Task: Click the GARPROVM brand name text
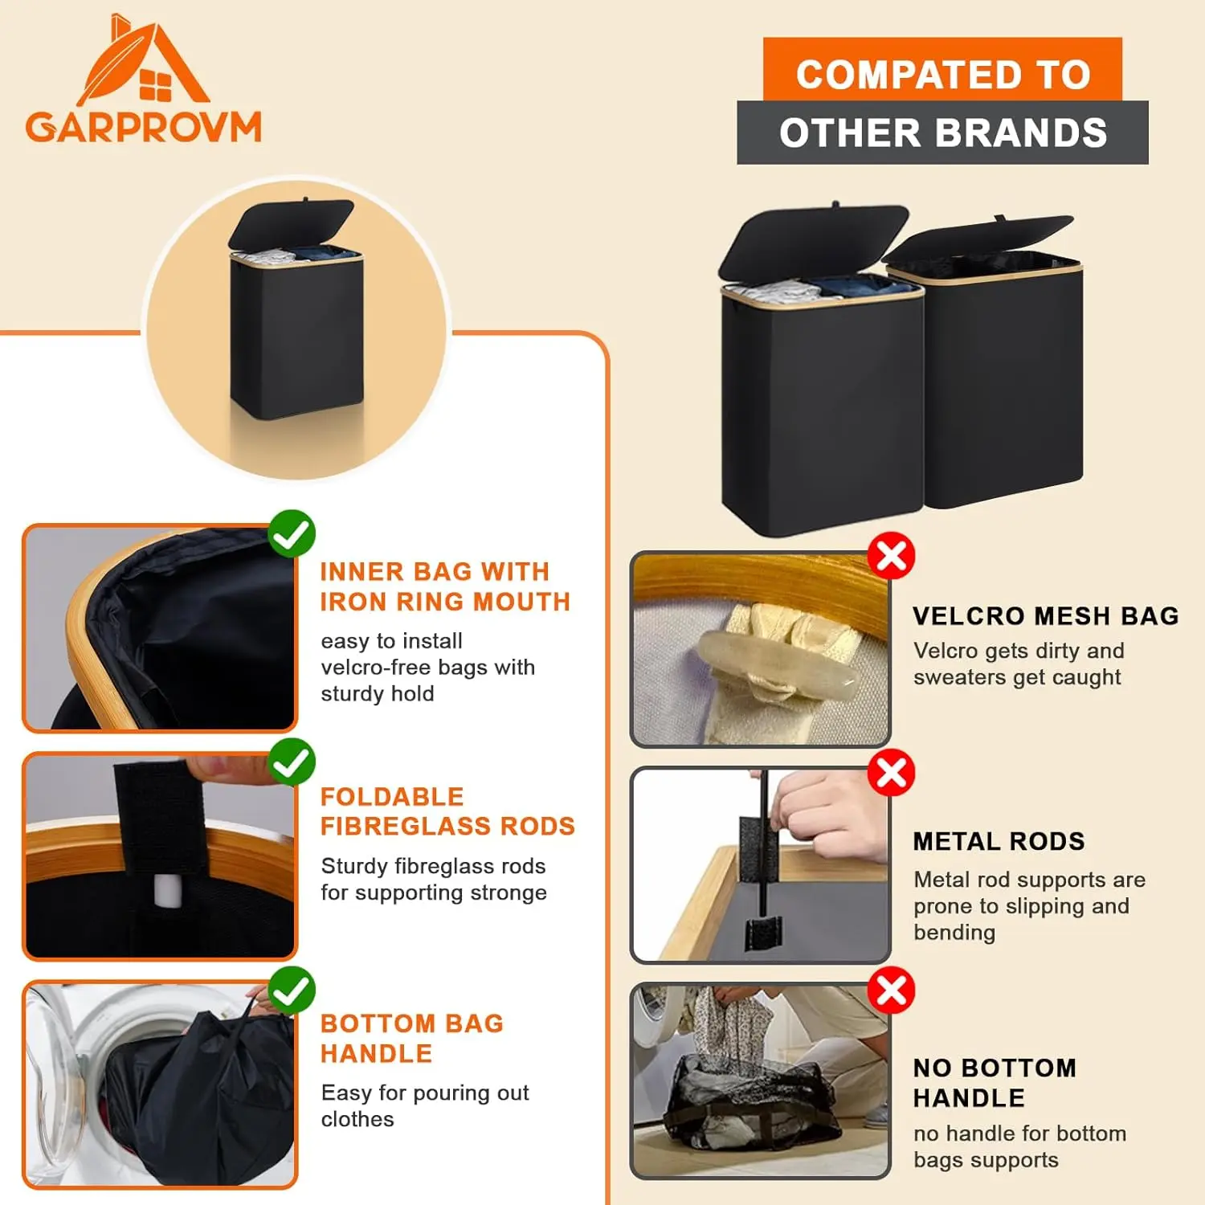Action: click(x=144, y=127)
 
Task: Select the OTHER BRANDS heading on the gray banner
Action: click(x=943, y=133)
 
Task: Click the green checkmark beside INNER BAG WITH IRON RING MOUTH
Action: click(x=292, y=533)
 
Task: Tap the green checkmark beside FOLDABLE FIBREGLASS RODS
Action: click(x=292, y=762)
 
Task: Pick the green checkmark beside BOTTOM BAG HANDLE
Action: click(x=292, y=990)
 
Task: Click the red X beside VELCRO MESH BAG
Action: click(x=892, y=555)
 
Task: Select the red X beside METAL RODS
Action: click(x=892, y=773)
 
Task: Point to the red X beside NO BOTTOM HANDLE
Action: click(x=892, y=991)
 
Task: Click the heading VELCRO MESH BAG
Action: click(x=1046, y=616)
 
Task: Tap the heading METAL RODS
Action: click(x=999, y=841)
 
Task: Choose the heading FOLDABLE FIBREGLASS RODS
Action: click(x=447, y=811)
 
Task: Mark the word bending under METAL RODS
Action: click(x=954, y=933)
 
